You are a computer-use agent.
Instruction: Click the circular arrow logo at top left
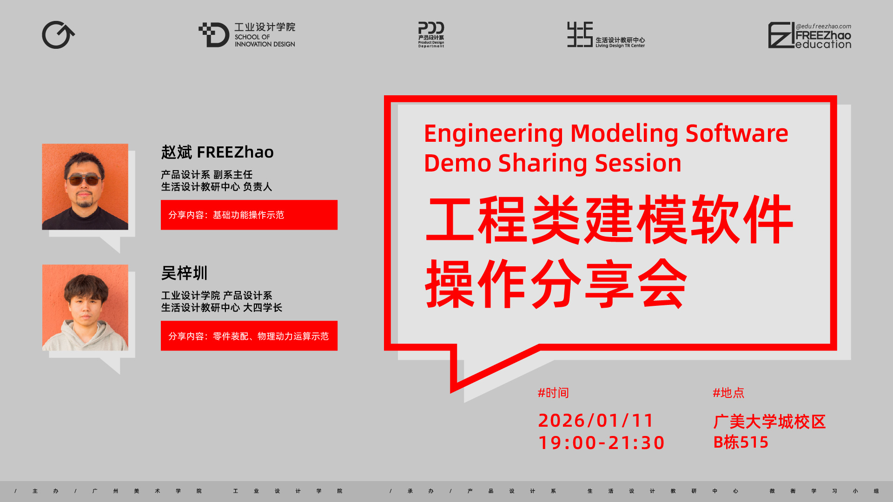pos(58,35)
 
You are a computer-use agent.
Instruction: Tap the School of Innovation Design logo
pos(247,35)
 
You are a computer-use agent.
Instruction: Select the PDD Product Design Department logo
pos(431,34)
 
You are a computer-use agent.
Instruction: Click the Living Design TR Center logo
pos(606,35)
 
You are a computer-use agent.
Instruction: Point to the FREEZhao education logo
pos(809,35)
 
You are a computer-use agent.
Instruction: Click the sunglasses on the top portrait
pos(84,179)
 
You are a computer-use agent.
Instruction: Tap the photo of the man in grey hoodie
pos(85,308)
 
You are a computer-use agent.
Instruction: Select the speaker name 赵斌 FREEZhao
pos(217,152)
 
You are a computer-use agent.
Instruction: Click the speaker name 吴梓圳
pos(184,273)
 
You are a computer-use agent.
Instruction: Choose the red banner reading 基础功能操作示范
pos(249,215)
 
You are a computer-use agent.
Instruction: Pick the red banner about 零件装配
pos(249,336)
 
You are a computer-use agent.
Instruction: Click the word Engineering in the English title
pos(493,134)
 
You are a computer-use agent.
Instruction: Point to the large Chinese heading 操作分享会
pos(556,284)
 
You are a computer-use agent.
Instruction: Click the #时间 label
pos(553,393)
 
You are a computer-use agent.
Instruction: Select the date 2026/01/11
pos(595,420)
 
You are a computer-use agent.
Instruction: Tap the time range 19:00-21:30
pos(602,443)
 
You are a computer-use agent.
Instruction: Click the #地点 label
pos(728,393)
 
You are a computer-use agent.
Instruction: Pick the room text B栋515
pos(741,442)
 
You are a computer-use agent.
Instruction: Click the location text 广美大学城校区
pos(769,422)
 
